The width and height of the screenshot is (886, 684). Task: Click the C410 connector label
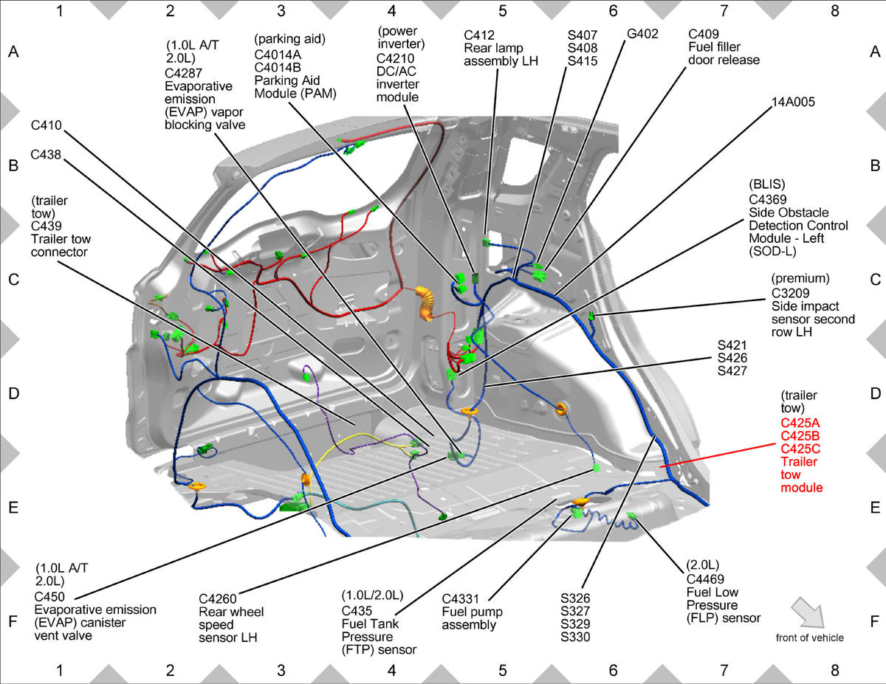coord(46,125)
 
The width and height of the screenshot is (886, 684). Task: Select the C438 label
coord(46,154)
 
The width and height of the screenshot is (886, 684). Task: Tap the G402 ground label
coord(642,34)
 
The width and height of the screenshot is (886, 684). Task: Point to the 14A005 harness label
coord(793,102)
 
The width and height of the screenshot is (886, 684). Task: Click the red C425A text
coord(800,423)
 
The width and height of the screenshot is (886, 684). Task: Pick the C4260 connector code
coord(217,599)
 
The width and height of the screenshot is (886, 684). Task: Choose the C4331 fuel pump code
coord(460,599)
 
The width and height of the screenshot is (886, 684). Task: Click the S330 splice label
coord(575,637)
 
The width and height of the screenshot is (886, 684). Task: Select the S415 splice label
coord(583,61)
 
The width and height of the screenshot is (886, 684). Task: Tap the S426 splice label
coord(732,358)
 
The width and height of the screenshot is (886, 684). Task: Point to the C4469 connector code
coord(705,579)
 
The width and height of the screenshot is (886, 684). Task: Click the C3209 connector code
coord(790,294)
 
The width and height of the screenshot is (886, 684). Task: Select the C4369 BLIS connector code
coord(768,200)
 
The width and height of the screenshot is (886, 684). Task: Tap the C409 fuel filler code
coord(704,34)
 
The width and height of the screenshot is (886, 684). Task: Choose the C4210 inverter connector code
coord(395,58)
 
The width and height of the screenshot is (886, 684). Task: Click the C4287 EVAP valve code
coord(184,73)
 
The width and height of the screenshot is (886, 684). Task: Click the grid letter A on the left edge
coord(13,52)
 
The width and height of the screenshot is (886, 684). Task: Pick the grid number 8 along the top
coord(834,11)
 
